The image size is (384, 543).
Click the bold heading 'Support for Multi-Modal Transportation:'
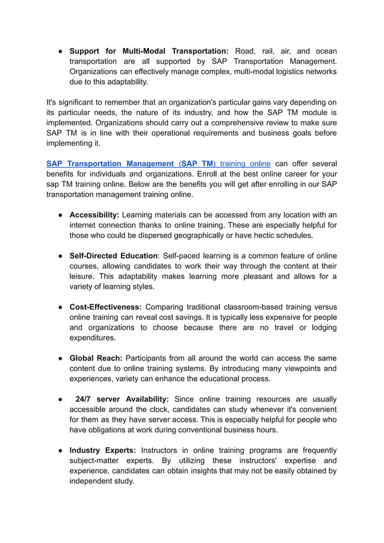(149, 51)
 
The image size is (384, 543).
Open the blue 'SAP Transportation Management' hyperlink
(110, 163)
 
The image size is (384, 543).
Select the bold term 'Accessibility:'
(94, 215)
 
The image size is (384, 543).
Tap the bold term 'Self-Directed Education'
(113, 256)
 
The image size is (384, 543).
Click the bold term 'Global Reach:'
(96, 358)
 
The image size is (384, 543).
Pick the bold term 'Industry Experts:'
(102, 450)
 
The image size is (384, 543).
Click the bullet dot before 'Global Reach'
(61, 358)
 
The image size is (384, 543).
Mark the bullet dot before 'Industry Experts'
(61, 450)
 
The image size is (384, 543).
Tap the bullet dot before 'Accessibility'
(61, 215)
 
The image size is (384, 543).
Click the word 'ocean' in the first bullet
(324, 51)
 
